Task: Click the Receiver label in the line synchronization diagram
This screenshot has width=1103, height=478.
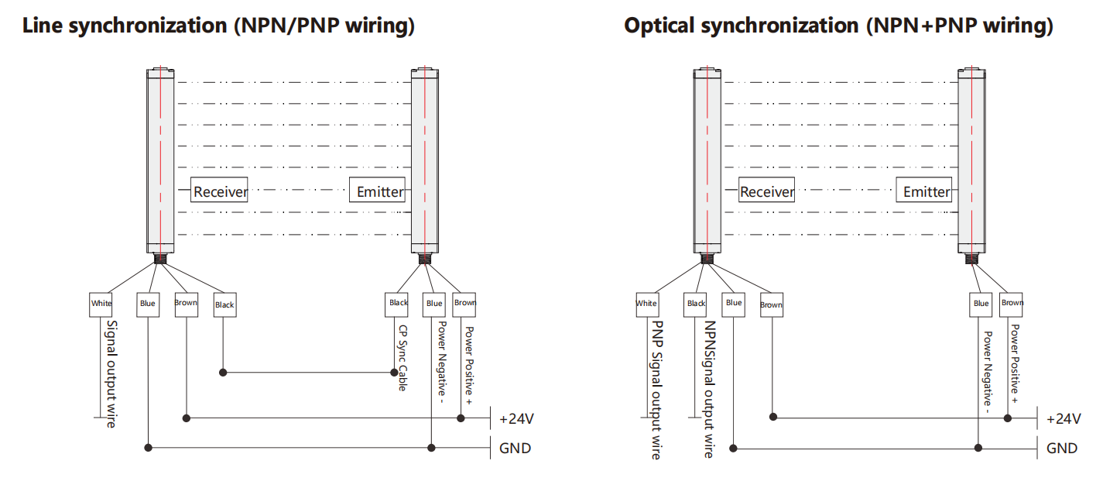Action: click(220, 191)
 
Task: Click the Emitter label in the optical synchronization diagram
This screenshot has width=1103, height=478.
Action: click(927, 191)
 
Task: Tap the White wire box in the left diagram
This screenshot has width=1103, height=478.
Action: click(101, 304)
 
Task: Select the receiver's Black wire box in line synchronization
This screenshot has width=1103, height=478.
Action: click(224, 304)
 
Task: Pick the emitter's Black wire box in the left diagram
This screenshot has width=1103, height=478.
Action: click(398, 303)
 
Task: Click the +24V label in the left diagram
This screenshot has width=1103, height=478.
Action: click(516, 419)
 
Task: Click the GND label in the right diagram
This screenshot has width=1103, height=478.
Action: click(1061, 448)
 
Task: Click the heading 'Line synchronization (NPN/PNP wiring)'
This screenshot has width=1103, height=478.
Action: click(219, 26)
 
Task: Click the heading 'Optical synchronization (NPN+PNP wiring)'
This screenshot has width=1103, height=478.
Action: click(838, 26)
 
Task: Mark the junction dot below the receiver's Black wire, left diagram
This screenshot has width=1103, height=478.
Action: click(224, 373)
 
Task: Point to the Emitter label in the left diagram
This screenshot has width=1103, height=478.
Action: click(379, 191)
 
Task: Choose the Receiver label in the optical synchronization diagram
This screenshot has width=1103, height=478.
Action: click(767, 191)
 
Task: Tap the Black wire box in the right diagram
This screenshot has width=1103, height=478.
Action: click(696, 304)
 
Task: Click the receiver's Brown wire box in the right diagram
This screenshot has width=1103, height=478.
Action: click(771, 304)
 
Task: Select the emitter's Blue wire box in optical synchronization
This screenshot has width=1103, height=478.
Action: click(981, 304)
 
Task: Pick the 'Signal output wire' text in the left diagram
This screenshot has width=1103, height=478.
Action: click(111, 373)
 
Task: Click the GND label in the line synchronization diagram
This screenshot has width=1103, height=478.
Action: click(515, 448)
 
